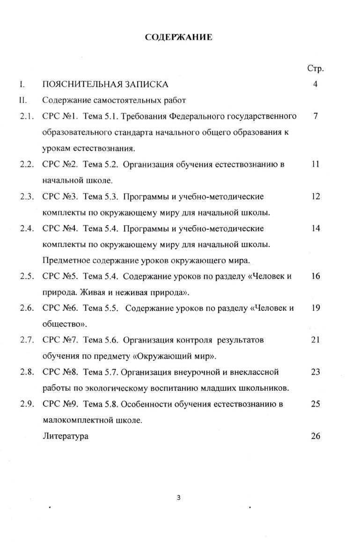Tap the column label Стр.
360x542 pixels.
(316, 68)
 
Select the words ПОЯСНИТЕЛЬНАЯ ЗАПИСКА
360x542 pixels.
(105, 85)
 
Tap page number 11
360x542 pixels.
(315, 164)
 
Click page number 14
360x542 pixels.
(315, 228)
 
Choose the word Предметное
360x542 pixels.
(65, 260)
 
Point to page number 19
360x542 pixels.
(315, 308)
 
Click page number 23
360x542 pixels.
(315, 372)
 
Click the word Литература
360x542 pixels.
(65, 436)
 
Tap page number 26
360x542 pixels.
(315, 436)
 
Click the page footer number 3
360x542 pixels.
(178, 498)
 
